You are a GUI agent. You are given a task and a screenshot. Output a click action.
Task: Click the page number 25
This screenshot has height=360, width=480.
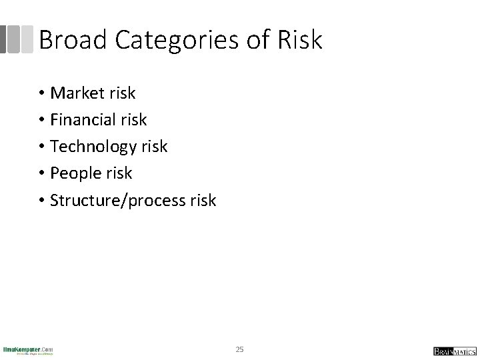point(240,349)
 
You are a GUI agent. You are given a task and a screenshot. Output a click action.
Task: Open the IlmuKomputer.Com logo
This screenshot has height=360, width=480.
point(28,350)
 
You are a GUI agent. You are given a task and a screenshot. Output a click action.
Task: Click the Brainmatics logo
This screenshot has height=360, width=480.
point(453,351)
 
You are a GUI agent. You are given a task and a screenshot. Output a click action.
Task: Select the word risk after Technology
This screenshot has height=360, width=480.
point(154,147)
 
